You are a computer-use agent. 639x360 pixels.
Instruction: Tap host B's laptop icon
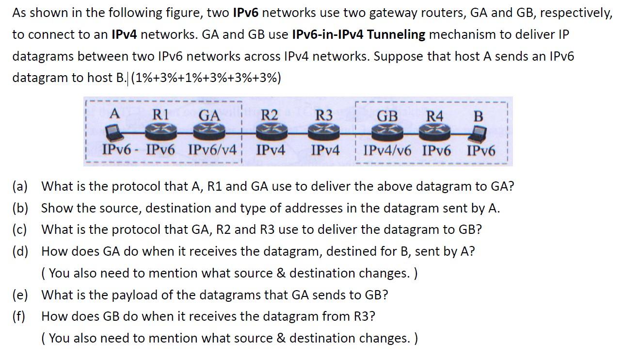(479, 131)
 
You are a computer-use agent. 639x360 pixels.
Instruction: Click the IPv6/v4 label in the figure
(211, 150)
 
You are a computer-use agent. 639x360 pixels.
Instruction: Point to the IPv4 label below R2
(270, 150)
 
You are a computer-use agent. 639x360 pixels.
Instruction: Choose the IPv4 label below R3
(325, 150)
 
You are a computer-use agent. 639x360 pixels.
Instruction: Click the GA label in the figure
(209, 115)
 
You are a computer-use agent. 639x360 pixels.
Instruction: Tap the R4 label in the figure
(434, 116)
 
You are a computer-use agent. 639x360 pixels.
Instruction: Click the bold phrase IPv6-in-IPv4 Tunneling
(359, 34)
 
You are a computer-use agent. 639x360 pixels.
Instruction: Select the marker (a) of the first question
(20, 186)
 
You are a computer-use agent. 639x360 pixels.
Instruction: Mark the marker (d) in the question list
(20, 251)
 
